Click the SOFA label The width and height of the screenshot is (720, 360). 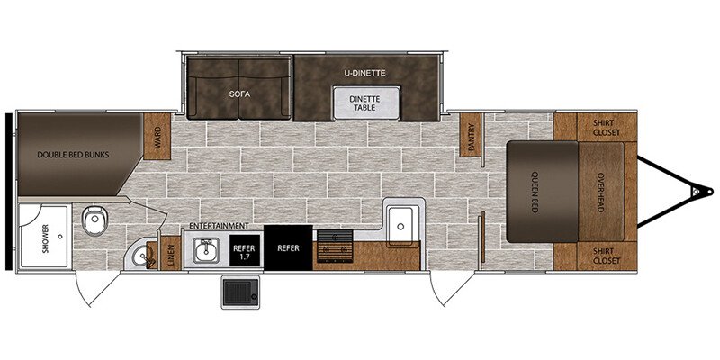pyautogui.click(x=239, y=94)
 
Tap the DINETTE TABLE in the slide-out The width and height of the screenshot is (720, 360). pyautogui.click(x=366, y=103)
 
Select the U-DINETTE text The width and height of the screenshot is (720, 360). pyautogui.click(x=364, y=73)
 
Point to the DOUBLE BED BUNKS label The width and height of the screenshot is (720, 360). pyautogui.click(x=74, y=155)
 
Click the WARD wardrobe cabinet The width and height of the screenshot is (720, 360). pyautogui.click(x=157, y=137)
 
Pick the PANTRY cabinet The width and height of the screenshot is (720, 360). pyautogui.click(x=470, y=134)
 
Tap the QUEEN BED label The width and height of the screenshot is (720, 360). pyautogui.click(x=535, y=192)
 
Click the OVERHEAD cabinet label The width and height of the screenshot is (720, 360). pyautogui.click(x=600, y=192)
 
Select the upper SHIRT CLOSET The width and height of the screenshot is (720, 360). pyautogui.click(x=606, y=127)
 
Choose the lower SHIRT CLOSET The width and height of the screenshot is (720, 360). pyautogui.click(x=606, y=256)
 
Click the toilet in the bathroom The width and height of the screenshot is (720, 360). pyautogui.click(x=95, y=220)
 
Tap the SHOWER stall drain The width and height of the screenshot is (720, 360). pyautogui.click(x=60, y=237)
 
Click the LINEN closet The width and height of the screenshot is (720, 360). pyautogui.click(x=171, y=253)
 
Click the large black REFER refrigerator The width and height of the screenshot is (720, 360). pyautogui.click(x=288, y=248)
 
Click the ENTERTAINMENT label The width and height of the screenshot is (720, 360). pyautogui.click(x=219, y=226)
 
